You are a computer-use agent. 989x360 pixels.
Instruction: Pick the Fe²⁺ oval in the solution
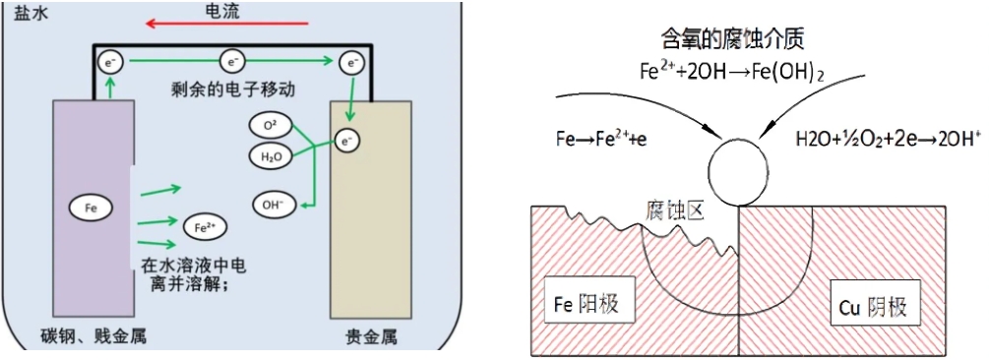[203, 226]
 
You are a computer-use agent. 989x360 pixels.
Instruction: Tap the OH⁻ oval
[272, 205]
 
